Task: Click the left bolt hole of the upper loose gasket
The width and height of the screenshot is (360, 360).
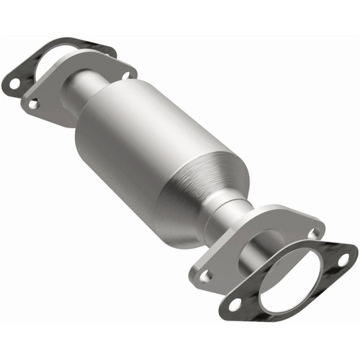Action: click(13, 84)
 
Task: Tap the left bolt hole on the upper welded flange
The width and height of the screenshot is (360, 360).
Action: click(32, 104)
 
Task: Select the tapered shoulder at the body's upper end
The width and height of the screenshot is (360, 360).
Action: click(108, 101)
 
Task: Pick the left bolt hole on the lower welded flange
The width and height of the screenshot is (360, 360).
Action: click(206, 274)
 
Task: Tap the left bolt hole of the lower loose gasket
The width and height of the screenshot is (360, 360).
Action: click(234, 305)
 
